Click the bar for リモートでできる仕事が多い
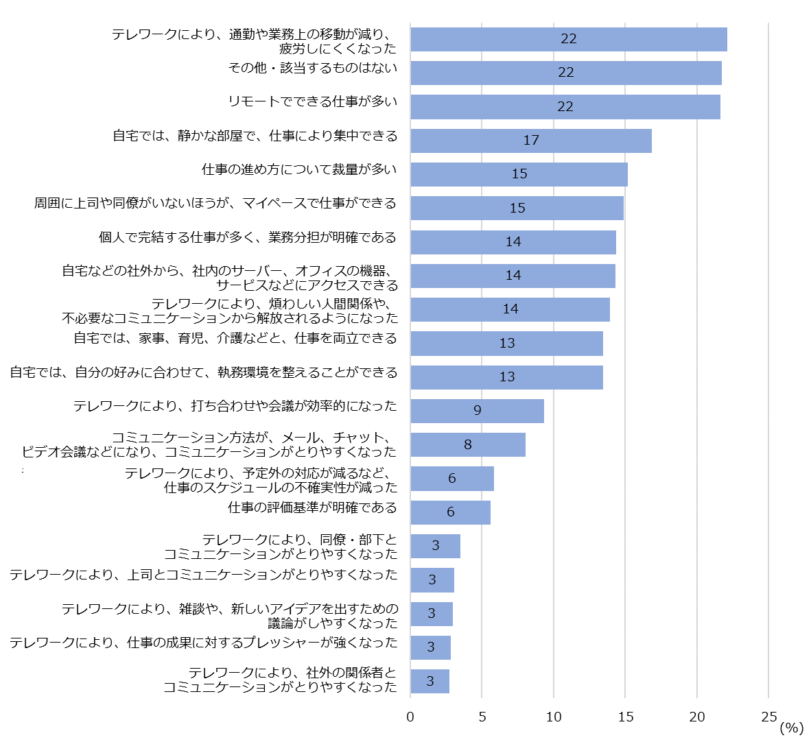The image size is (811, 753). (565, 106)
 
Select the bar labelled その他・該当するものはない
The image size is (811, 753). (565, 73)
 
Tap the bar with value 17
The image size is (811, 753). (530, 140)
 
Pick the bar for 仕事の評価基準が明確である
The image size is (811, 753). (450, 512)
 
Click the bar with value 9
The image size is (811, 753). (477, 411)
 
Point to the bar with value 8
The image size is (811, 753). (467, 444)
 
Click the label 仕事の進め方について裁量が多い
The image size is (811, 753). (299, 169)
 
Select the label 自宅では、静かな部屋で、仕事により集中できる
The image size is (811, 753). (255, 136)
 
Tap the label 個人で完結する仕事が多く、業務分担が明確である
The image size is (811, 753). (248, 237)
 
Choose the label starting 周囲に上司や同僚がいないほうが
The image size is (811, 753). (215, 203)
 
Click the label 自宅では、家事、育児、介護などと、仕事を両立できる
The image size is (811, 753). (235, 338)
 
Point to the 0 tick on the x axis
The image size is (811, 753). (410, 717)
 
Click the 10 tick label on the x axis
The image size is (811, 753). (553, 717)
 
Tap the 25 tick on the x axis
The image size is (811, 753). (769, 717)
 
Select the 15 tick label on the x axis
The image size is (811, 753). (625, 717)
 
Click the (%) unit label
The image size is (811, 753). (791, 728)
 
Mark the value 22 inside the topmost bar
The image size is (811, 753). (568, 39)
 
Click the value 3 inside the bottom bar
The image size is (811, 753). (430, 681)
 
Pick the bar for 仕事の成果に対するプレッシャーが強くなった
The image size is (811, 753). (430, 647)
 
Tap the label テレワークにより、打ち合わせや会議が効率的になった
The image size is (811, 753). (235, 406)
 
